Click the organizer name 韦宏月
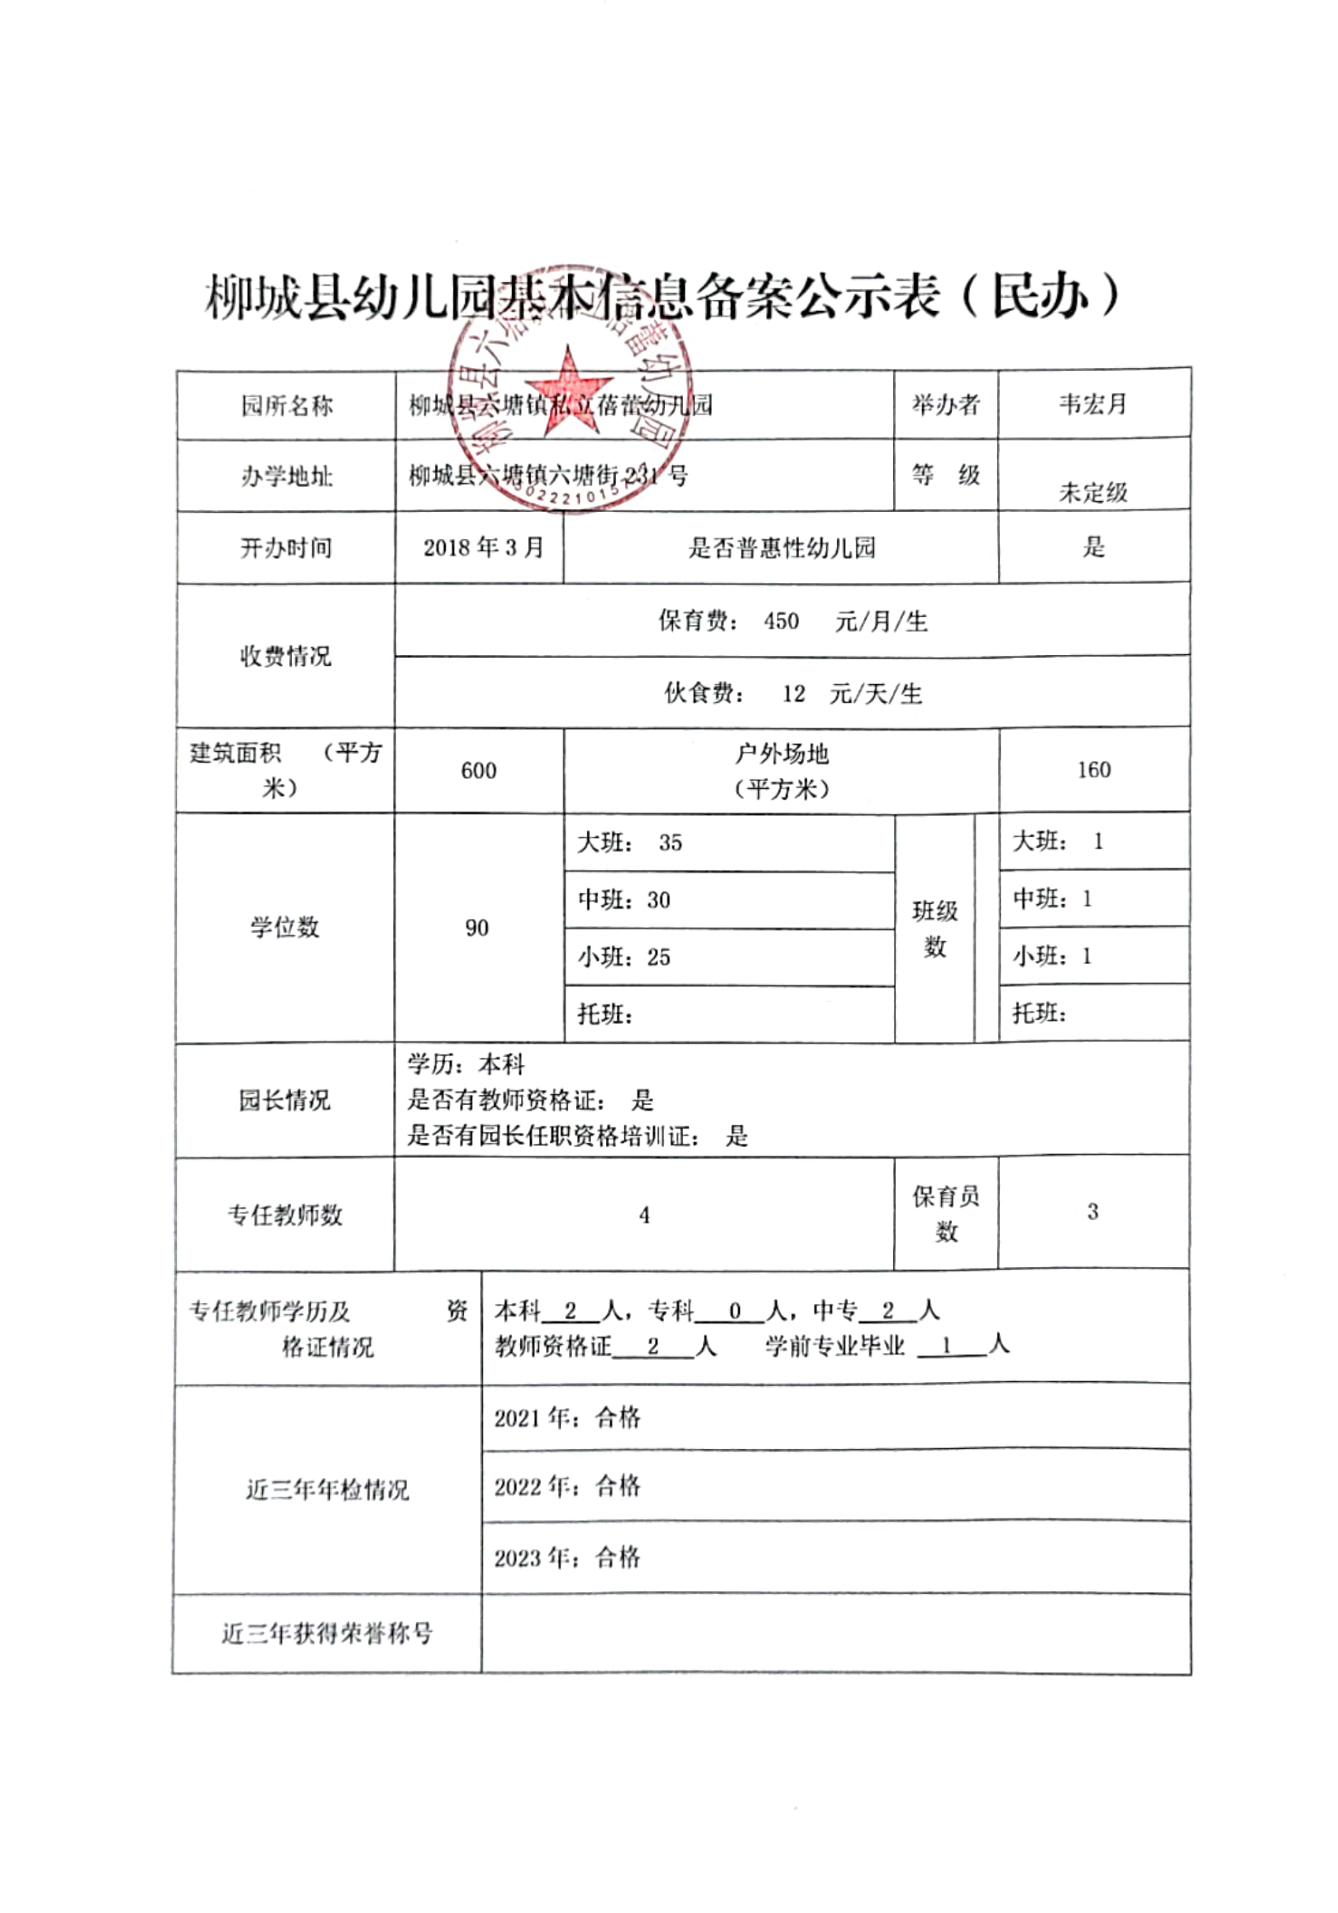1092,405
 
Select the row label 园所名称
286,406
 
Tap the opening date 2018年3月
482,547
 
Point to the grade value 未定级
1092,492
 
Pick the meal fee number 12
793,693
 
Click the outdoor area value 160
1093,770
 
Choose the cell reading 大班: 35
630,843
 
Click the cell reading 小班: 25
624,957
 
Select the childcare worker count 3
1092,1212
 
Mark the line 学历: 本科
466,1065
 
